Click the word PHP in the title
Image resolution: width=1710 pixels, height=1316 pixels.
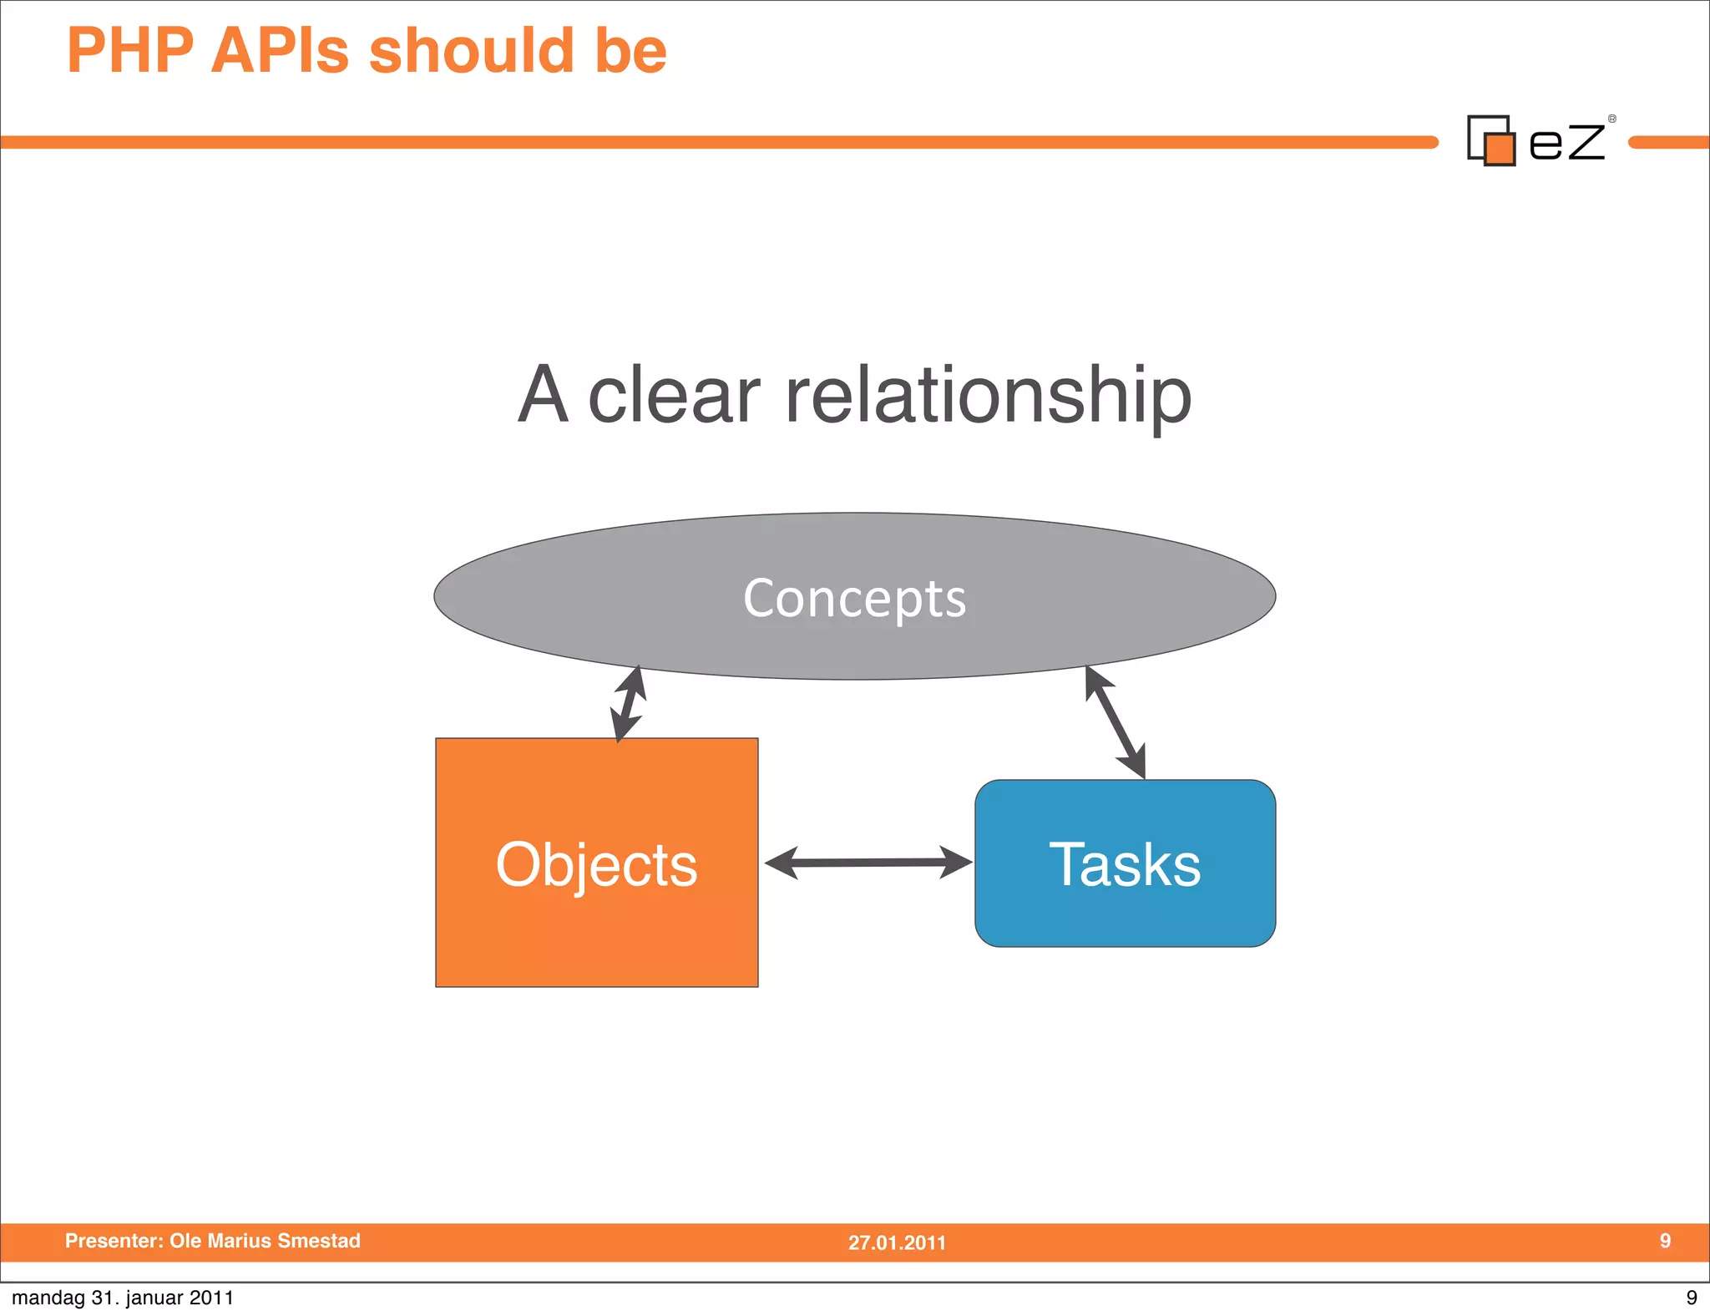(130, 52)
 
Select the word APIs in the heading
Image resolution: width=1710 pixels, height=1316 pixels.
(280, 52)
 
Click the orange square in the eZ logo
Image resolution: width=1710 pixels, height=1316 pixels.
(1500, 149)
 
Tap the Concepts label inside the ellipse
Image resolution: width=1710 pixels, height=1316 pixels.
(854, 598)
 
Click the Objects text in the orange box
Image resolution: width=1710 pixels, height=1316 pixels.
(596, 864)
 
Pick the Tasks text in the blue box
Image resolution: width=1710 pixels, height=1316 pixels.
(1124, 864)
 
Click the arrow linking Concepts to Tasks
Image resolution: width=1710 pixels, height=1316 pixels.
(1115, 722)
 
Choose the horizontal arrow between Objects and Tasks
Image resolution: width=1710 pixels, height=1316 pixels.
(868, 863)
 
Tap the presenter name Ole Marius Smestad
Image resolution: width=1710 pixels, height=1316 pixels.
(265, 1241)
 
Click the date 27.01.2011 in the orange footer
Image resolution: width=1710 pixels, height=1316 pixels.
(897, 1243)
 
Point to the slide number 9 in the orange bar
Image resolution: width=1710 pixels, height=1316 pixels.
(1665, 1241)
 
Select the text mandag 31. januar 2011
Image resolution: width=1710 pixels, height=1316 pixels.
(123, 1298)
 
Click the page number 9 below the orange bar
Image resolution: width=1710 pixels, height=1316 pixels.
(1691, 1298)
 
